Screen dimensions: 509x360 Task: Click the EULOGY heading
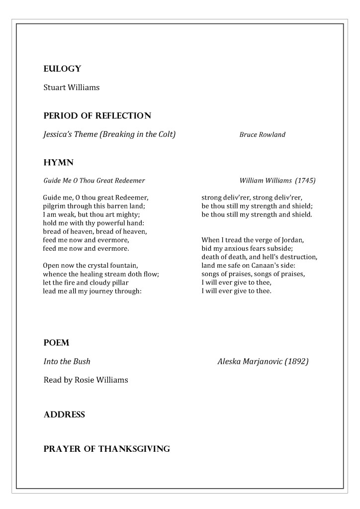pyautogui.click(x=62, y=69)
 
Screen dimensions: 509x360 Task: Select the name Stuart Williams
pyautogui.click(x=71, y=88)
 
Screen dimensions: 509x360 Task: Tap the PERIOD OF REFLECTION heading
pyautogui.click(x=97, y=116)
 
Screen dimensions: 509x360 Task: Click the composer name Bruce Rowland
pyautogui.click(x=262, y=135)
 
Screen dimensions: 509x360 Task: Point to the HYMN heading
pyautogui.click(x=58, y=162)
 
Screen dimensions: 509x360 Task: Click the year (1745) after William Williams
pyautogui.click(x=304, y=181)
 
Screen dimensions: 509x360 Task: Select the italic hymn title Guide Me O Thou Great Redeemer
pyautogui.click(x=94, y=181)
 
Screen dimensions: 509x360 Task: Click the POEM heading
pyautogui.click(x=56, y=343)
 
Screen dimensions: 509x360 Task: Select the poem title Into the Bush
pyautogui.click(x=67, y=362)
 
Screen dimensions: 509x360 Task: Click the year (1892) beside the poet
pyautogui.click(x=296, y=362)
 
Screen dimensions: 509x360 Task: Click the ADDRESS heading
pyautogui.click(x=64, y=415)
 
